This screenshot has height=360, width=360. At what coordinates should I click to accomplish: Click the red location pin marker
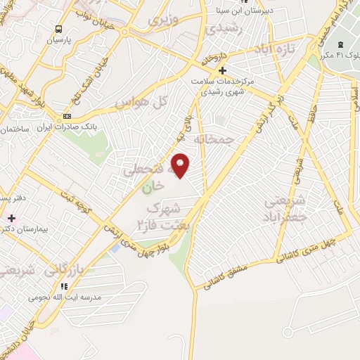[x=181, y=165]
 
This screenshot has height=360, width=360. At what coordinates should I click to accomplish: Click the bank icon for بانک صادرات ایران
[x=67, y=116]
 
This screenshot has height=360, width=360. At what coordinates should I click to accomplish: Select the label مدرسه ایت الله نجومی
[x=63, y=297]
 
